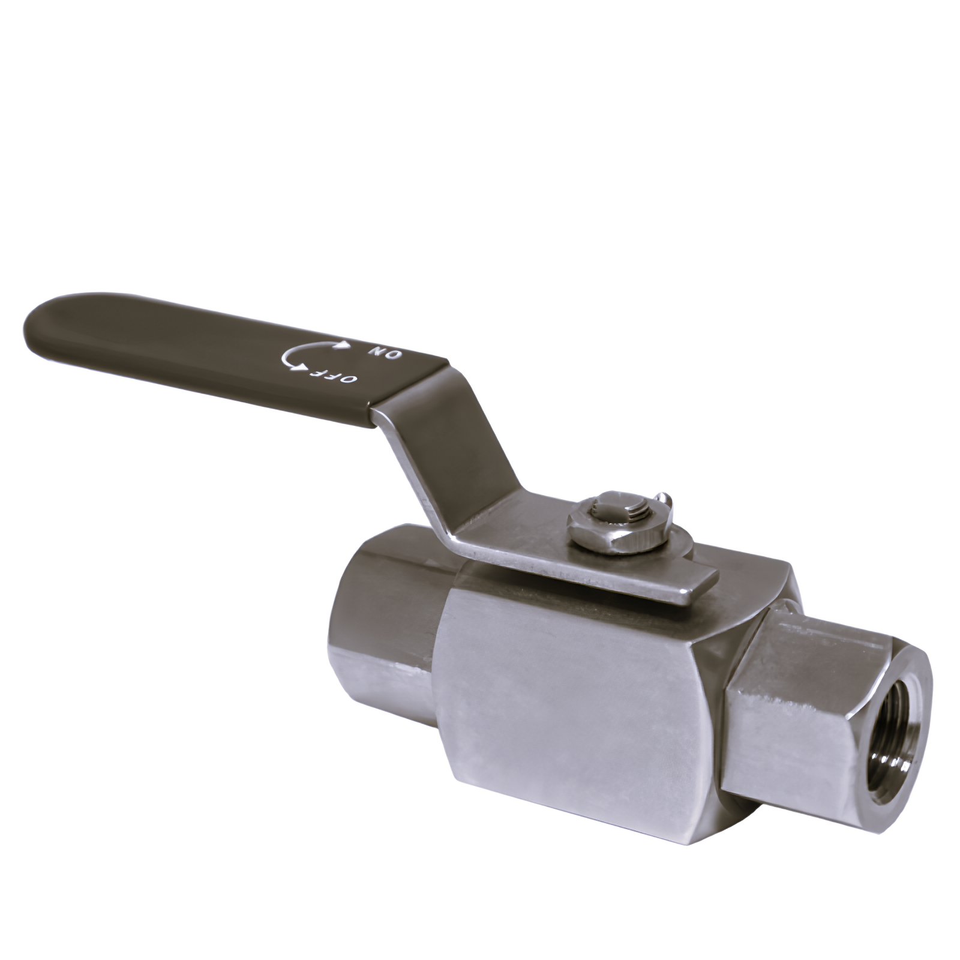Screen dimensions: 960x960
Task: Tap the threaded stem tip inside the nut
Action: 618,505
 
